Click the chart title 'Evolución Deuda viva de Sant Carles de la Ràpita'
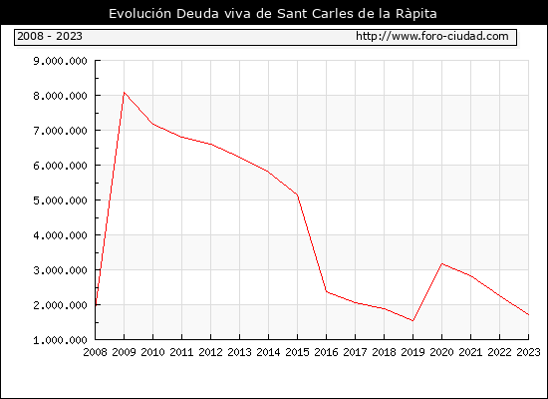[273, 14]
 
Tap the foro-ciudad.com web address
[432, 36]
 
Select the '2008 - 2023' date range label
[50, 36]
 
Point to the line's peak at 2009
[125, 93]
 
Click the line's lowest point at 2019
[412, 320]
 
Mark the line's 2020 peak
[441, 263]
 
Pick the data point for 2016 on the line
[327, 291]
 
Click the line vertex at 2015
[298, 195]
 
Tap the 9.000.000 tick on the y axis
[60, 61]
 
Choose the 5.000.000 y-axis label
[60, 200]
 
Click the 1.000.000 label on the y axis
[60, 340]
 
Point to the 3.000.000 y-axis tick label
[60, 270]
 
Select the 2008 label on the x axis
[95, 352]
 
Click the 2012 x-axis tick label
[211, 352]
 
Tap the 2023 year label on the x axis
[528, 352]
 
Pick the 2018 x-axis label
[384, 352]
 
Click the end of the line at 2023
[528, 314]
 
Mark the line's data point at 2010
[153, 124]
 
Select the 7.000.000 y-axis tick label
[60, 131]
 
